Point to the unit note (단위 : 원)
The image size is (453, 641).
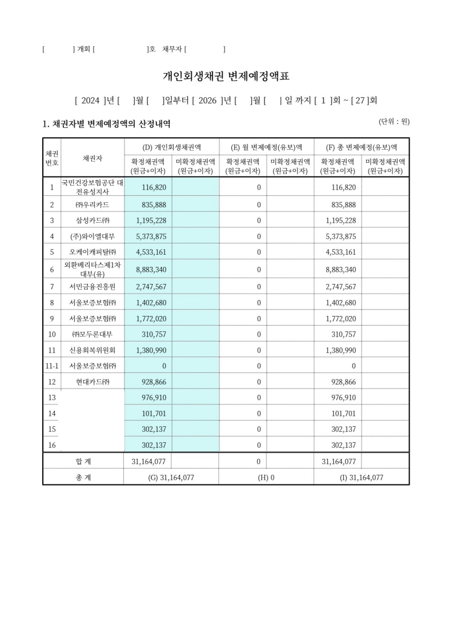pos(394,122)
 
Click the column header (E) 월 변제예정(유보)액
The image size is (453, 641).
pos(266,147)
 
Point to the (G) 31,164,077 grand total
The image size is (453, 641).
pos(171,478)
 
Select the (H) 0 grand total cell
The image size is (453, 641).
pos(266,478)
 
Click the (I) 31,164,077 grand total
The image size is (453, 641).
pos(361,478)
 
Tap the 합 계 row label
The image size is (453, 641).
pos(83,461)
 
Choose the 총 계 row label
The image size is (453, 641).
pos(83,478)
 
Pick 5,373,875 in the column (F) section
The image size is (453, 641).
pos(340,237)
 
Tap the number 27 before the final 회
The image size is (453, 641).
pos(360,101)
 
